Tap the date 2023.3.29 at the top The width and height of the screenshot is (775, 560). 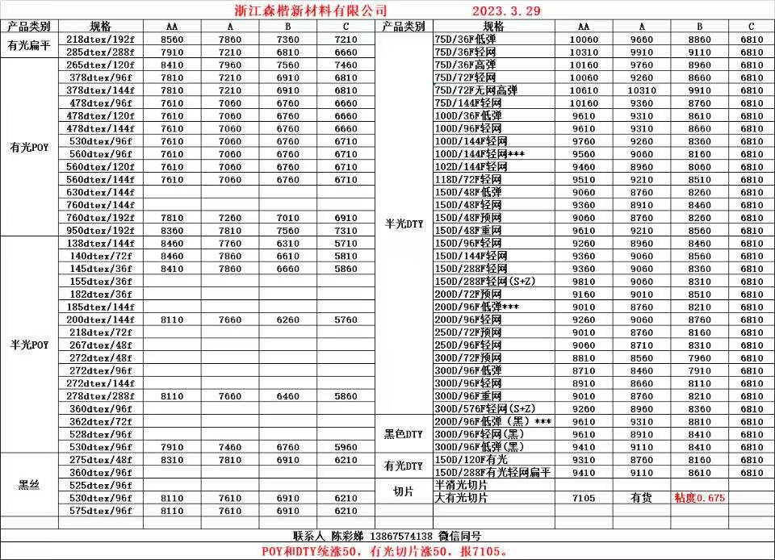505,10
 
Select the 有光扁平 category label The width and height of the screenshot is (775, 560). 30,45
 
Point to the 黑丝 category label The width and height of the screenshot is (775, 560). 30,485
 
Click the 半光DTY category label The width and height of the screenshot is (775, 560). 403,224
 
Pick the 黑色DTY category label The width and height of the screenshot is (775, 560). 403,434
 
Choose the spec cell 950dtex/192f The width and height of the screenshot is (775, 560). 100,230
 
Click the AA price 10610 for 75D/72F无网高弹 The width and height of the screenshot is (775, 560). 584,90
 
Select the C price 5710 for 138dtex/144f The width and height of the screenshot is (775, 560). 346,243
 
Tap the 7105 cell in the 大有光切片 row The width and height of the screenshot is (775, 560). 584,498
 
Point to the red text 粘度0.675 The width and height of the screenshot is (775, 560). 700,498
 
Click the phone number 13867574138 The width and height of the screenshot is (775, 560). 401,536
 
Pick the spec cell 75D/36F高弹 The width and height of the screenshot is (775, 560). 465,65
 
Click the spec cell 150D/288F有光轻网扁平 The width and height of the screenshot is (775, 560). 492,472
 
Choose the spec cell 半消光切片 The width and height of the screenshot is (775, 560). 462,485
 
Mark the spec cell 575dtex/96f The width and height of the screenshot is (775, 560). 100,511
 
